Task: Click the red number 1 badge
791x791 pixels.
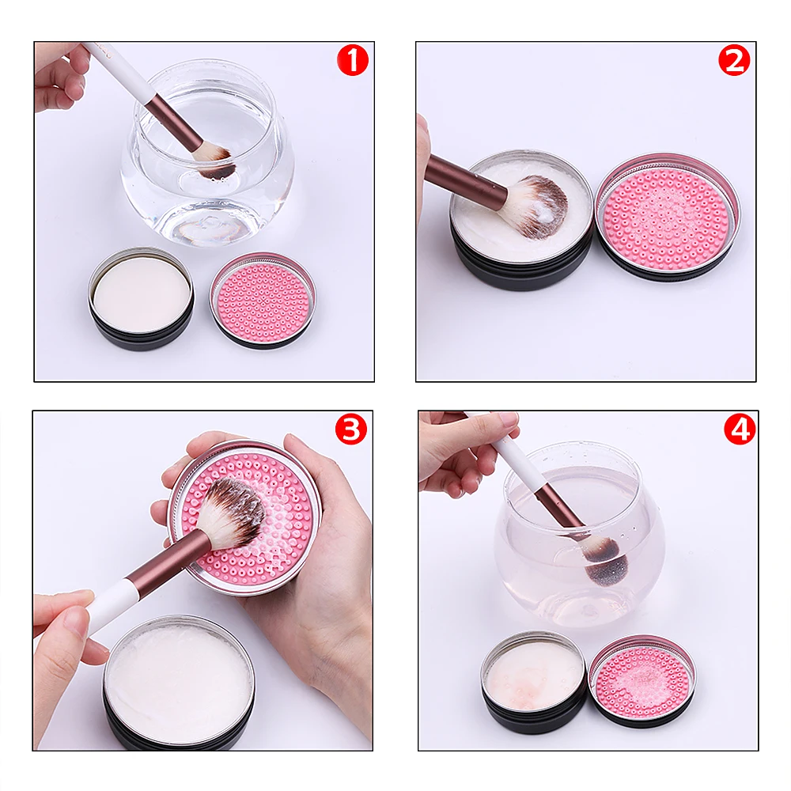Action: [352, 60]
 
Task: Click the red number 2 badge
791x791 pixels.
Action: [734, 60]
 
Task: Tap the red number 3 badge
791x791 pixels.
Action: [351, 429]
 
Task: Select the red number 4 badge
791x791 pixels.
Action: [740, 430]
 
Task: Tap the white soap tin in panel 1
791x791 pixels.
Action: [142, 299]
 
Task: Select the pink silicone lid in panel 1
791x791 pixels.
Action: [263, 301]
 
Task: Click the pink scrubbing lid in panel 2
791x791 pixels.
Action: [668, 216]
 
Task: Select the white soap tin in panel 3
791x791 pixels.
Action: [179, 683]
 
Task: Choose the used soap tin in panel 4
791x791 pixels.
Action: [534, 681]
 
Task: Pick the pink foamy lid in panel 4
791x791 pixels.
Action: [642, 680]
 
